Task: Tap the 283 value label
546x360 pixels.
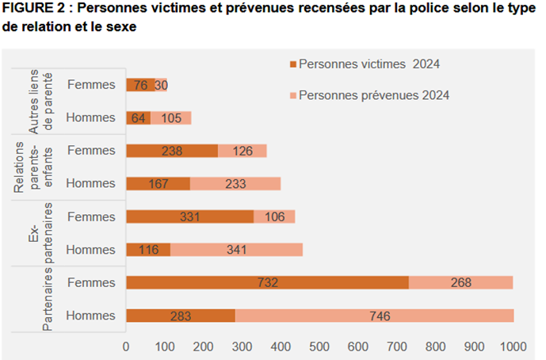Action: click(181, 316)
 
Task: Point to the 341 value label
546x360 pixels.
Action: click(235, 250)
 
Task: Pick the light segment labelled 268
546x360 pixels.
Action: click(460, 283)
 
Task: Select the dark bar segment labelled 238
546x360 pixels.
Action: click(172, 151)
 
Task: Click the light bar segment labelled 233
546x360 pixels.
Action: click(235, 184)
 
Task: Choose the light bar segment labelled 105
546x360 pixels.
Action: click(171, 118)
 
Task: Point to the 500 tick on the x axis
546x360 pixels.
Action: click(319, 347)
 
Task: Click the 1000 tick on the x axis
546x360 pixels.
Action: click(513, 347)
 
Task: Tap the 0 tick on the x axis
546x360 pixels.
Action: click(126, 347)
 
